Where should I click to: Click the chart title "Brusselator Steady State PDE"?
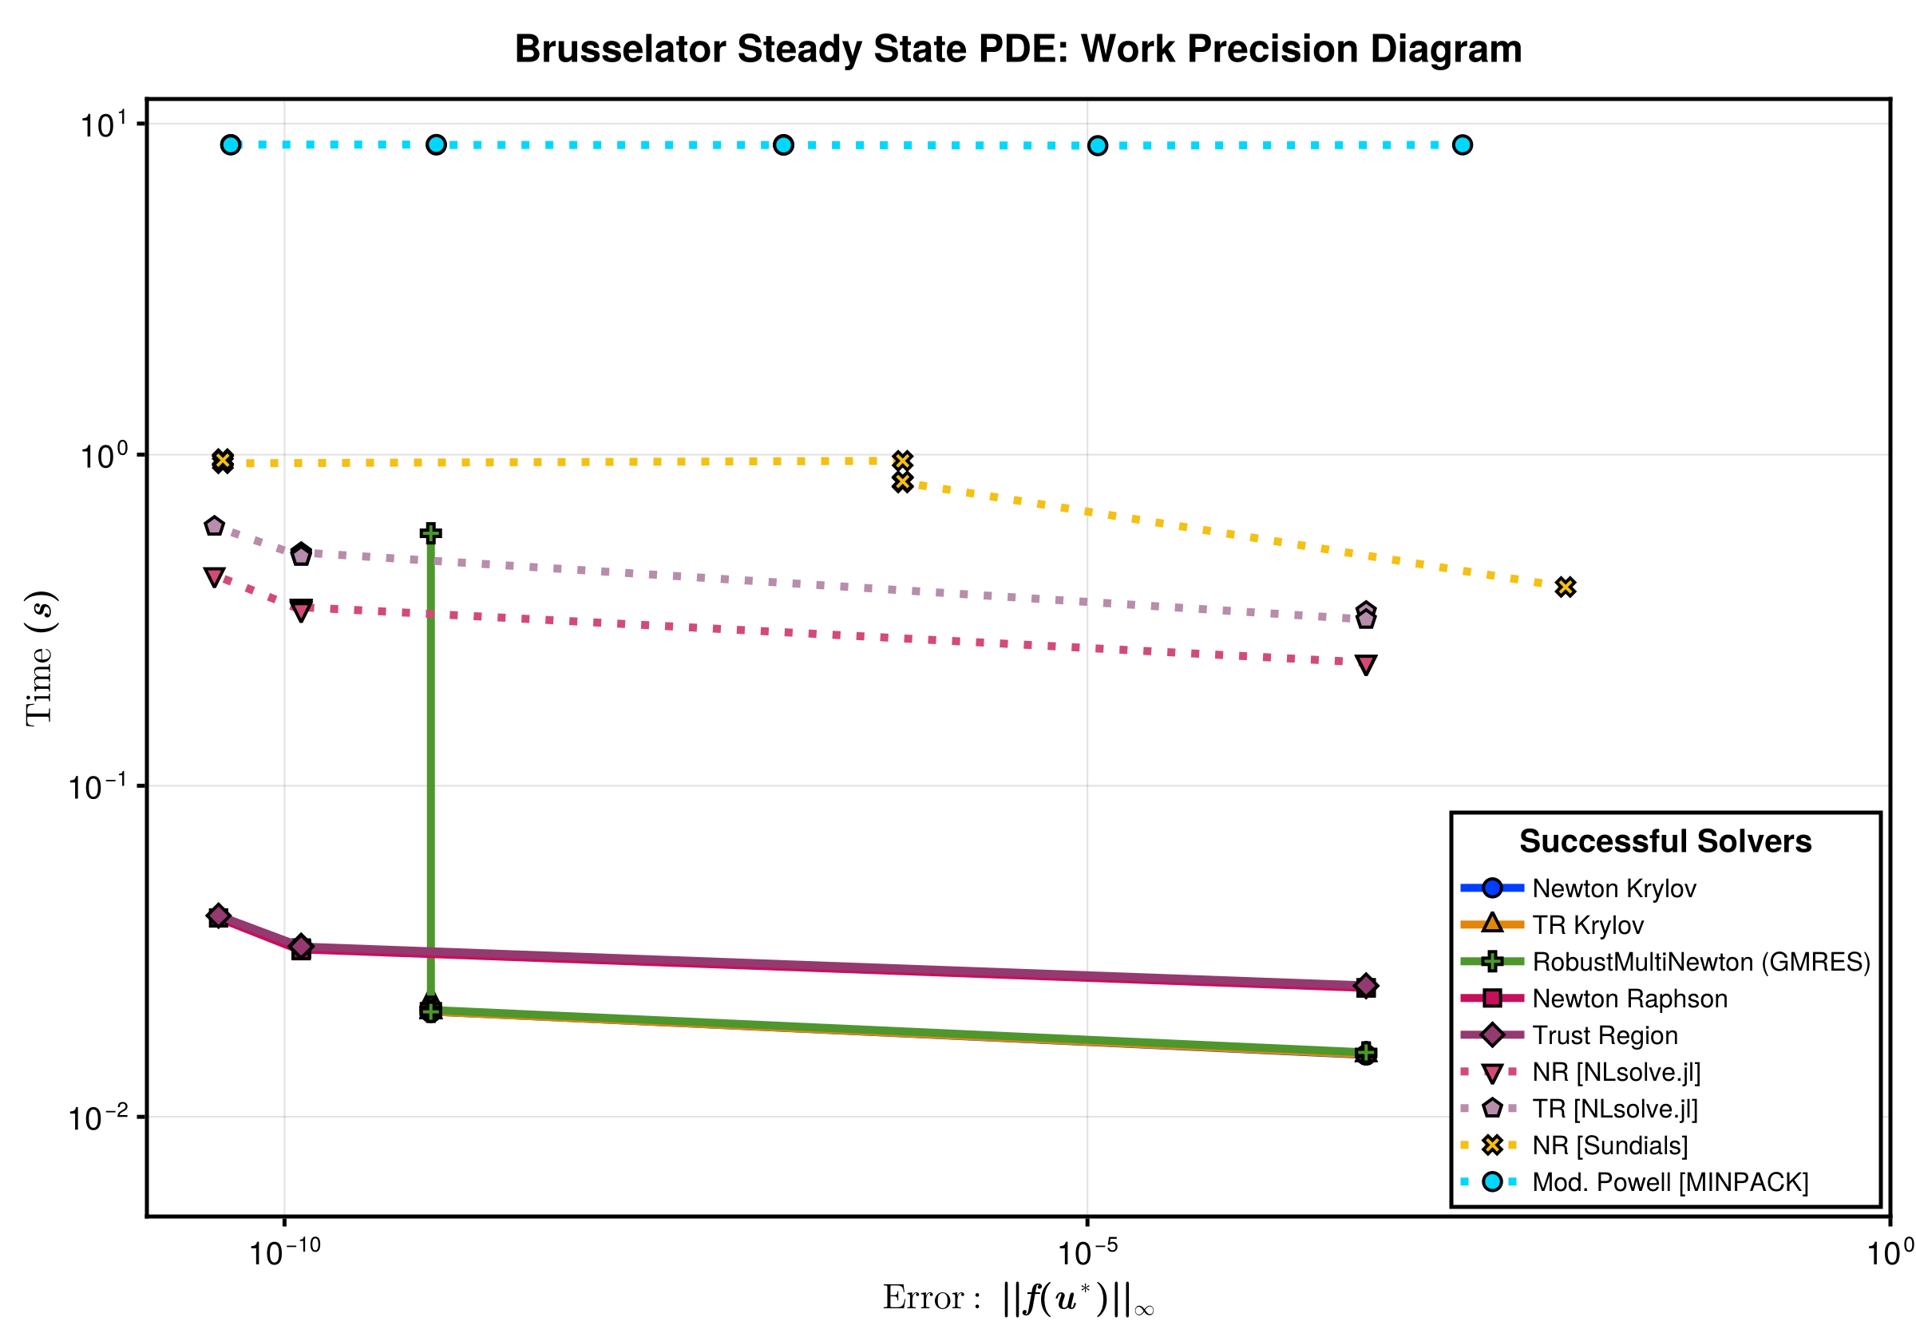[x=1017, y=49]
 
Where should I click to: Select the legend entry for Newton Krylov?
[x=1613, y=888]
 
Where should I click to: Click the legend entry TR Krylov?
[x=1586, y=925]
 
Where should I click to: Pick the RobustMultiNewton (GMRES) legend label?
[x=1700, y=962]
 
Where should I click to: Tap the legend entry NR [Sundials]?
[x=1609, y=1145]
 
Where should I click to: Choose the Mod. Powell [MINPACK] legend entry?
[x=1669, y=1182]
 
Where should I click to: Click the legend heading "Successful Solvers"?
[x=1664, y=841]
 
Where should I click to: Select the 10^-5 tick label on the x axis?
[x=1087, y=1252]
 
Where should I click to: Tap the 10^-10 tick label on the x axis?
[x=284, y=1252]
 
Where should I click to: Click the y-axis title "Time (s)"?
[x=40, y=658]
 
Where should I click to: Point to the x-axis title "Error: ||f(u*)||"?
[x=1017, y=1299]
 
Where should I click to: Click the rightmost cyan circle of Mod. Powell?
[x=1461, y=145]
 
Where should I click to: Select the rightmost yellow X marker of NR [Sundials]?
[x=1565, y=587]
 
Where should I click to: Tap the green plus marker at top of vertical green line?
[x=430, y=533]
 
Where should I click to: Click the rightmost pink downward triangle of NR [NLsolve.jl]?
[x=1365, y=664]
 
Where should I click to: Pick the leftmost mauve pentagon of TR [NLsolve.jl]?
[x=215, y=527]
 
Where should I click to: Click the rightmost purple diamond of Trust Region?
[x=1365, y=986]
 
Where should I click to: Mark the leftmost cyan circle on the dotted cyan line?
[x=232, y=145]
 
